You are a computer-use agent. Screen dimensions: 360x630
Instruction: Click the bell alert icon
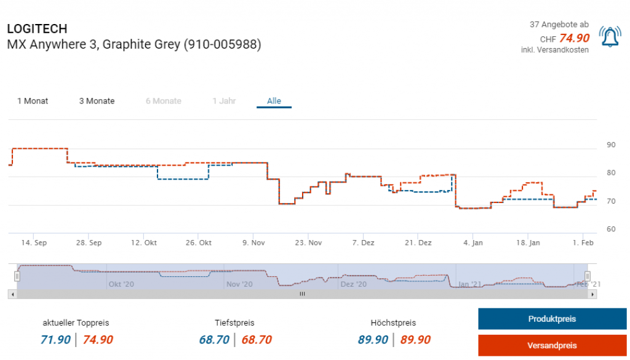[609, 38]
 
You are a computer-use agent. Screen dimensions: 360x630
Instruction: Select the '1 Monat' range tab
[33, 101]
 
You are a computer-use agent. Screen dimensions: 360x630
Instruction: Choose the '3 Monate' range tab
[97, 101]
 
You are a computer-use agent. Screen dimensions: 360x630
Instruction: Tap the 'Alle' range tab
[274, 101]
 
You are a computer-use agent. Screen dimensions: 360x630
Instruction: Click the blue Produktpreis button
[552, 319]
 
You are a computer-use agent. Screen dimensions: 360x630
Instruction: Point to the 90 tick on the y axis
[611, 145]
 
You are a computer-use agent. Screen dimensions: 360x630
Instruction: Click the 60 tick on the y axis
[611, 229]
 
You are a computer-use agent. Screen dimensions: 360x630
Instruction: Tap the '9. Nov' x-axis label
[253, 243]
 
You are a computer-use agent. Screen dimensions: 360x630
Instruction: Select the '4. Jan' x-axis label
[473, 243]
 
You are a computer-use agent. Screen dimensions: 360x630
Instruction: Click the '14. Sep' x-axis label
[34, 243]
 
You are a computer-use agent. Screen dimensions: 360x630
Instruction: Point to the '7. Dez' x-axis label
[363, 243]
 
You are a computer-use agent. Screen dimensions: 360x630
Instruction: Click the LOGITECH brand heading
[37, 29]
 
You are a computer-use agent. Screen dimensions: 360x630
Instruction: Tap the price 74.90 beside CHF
[574, 38]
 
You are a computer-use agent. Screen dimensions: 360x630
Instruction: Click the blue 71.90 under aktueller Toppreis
[55, 340]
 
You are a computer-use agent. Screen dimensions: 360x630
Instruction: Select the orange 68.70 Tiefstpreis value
[257, 340]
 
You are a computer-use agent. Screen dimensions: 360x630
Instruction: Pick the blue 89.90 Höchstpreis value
[373, 340]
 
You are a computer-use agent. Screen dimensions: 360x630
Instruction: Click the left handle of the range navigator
[17, 277]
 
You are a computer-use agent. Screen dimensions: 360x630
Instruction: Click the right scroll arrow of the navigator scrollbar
[592, 295]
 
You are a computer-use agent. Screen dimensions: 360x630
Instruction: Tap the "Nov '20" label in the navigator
[239, 284]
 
